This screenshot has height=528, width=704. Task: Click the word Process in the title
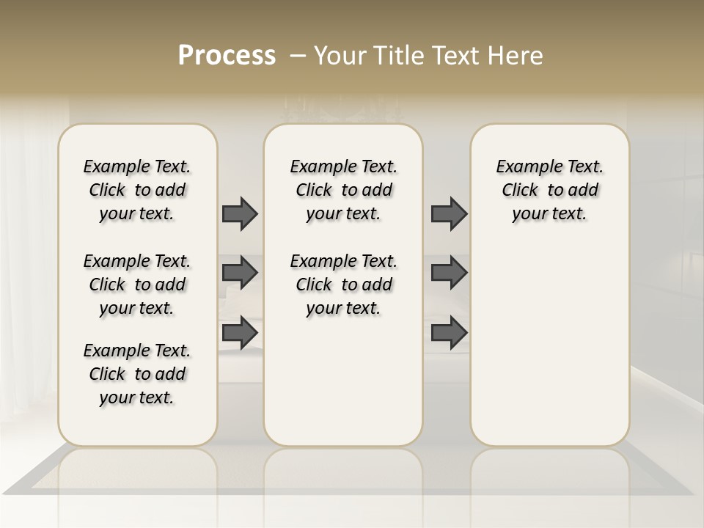click(x=227, y=56)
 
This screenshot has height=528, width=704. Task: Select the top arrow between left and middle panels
click(x=240, y=213)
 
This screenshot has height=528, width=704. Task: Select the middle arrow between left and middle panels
click(x=240, y=273)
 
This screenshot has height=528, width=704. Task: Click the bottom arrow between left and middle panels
click(x=240, y=332)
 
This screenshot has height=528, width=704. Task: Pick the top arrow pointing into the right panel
click(x=449, y=213)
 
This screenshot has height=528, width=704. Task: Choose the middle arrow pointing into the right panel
click(x=449, y=273)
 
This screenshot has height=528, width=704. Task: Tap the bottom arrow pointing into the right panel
click(x=449, y=332)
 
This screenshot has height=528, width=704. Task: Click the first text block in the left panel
click(x=137, y=190)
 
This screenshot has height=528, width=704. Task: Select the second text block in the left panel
click(x=137, y=285)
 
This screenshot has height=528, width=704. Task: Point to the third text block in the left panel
click(x=137, y=374)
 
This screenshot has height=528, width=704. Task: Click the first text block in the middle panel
click(x=343, y=190)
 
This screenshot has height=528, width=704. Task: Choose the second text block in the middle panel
click(x=343, y=285)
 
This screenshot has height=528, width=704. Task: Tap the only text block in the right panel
click(x=549, y=190)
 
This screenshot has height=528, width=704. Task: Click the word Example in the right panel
click(x=523, y=167)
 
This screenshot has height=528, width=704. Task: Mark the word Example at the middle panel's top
click(x=317, y=167)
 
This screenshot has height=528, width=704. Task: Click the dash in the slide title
click(x=298, y=56)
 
